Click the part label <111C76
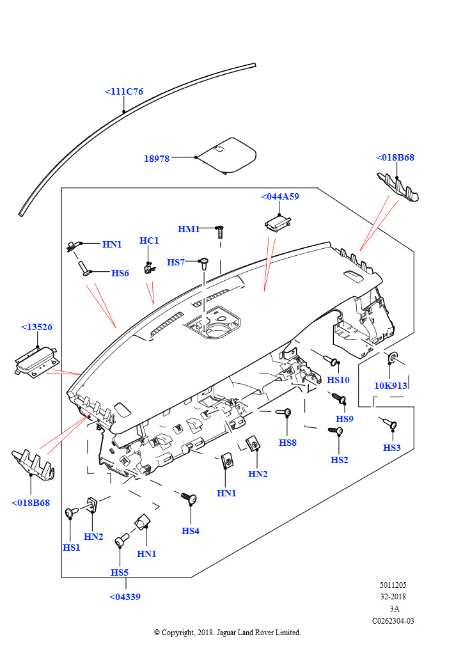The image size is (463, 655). tap(124, 91)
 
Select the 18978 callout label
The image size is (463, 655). tap(157, 159)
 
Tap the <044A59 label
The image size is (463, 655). tap(280, 196)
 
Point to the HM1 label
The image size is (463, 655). tap(189, 229)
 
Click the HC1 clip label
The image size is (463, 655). tap(149, 241)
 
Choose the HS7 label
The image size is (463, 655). tap(176, 262)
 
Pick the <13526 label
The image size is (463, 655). tap(36, 327)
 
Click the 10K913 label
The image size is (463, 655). tap(391, 386)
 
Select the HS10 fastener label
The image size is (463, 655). tap(338, 380)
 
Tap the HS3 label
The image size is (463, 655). tap(392, 448)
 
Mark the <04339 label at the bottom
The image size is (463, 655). tap(125, 597)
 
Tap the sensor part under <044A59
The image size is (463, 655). tap(278, 221)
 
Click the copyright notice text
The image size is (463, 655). tap(227, 633)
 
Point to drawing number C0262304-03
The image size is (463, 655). tap(393, 620)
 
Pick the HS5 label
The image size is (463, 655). tap(120, 572)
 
